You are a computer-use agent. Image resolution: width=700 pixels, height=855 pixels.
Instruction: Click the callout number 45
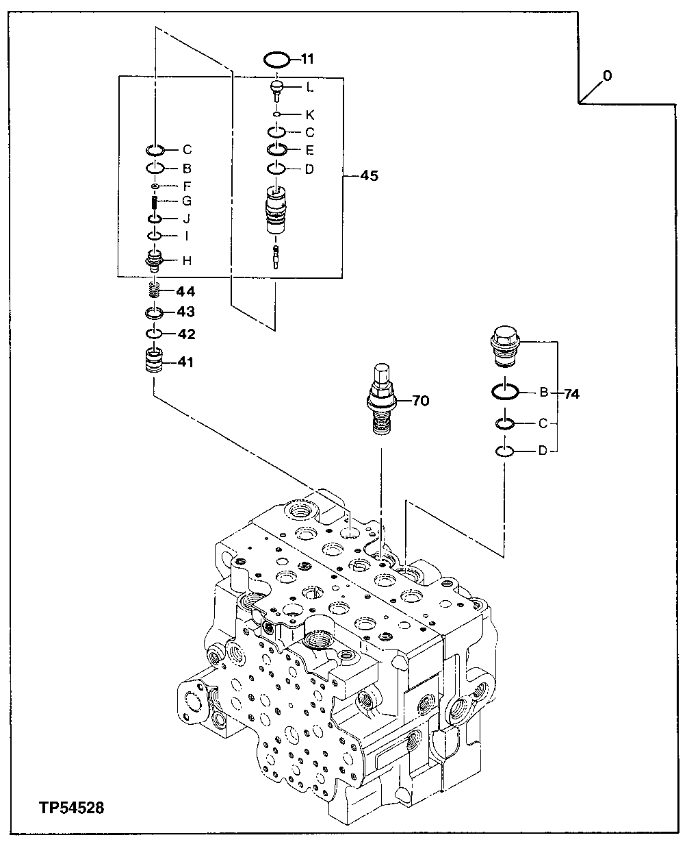[369, 176]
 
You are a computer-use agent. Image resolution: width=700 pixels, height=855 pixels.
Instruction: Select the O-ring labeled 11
[276, 59]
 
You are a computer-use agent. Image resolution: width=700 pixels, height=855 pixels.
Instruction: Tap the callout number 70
[420, 401]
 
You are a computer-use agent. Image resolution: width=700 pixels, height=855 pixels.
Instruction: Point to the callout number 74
[571, 394]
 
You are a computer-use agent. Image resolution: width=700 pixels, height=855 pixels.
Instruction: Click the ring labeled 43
[155, 313]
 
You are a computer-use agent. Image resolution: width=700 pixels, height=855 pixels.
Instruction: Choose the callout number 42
[186, 334]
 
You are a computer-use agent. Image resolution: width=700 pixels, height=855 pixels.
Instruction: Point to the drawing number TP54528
[68, 808]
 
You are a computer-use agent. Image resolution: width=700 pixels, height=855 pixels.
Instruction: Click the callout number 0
[607, 75]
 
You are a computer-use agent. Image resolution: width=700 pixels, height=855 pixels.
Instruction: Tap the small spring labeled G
[155, 203]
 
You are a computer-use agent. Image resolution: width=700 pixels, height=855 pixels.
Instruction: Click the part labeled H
[155, 260]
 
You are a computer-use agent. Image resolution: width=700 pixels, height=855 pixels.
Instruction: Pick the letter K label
[310, 114]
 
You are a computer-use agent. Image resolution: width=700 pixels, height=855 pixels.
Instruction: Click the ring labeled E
[277, 149]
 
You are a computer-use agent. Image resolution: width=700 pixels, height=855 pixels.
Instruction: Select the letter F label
[186, 186]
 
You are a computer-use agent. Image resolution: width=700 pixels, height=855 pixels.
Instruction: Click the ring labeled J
[155, 219]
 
